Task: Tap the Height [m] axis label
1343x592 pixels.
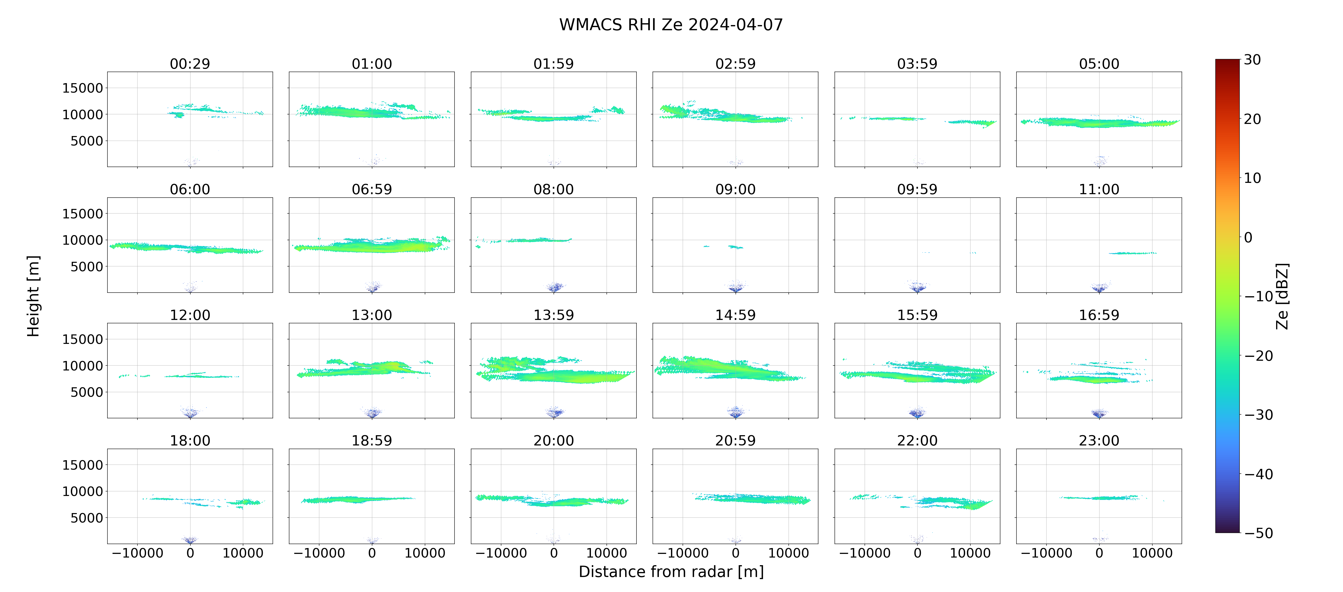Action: click(33, 296)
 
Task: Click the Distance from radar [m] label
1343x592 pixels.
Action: click(671, 572)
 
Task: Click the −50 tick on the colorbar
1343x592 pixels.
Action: click(1258, 533)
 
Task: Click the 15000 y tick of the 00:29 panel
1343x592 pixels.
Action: click(83, 88)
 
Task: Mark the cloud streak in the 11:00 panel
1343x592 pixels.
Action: click(1132, 253)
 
